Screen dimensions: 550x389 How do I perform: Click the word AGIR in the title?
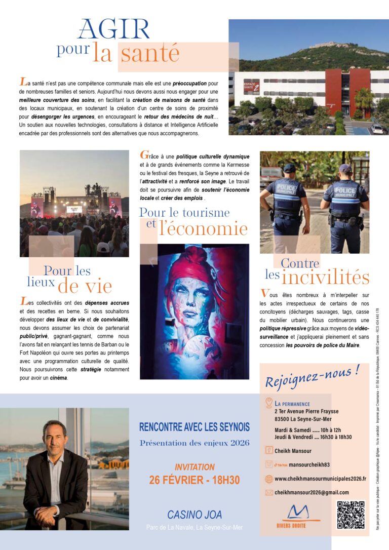113,30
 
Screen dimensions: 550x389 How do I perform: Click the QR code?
351,515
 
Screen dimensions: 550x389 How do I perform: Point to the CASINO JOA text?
194,515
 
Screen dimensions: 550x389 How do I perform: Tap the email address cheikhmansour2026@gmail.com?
311,492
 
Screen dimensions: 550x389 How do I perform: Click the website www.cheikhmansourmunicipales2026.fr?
320,479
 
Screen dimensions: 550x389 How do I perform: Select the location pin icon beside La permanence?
269,403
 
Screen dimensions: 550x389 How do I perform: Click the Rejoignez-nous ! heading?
313,376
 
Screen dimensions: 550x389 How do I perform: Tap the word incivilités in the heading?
326,277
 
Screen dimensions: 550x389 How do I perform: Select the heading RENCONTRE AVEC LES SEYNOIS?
194,427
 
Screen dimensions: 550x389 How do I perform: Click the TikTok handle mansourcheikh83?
309,464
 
